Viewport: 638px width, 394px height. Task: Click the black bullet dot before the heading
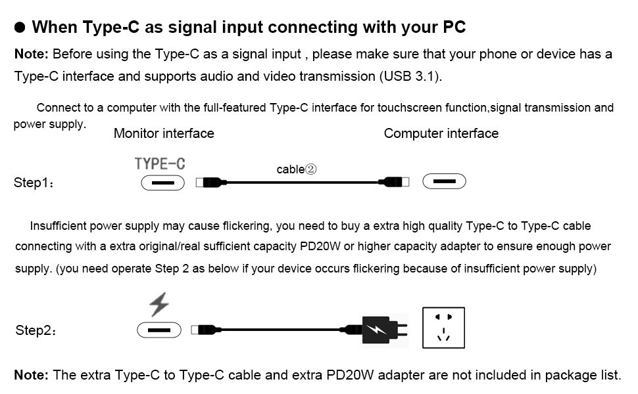(x=20, y=28)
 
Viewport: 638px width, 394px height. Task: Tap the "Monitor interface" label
(x=164, y=133)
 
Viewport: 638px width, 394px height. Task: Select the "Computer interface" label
(x=441, y=133)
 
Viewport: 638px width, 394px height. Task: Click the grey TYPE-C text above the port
(x=160, y=164)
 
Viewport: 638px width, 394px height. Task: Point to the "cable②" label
(x=297, y=169)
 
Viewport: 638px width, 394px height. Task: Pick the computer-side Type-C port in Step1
(x=444, y=181)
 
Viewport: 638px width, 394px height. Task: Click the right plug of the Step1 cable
(x=393, y=181)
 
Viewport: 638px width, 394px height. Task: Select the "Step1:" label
(x=34, y=183)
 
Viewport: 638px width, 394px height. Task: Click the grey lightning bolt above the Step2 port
(x=159, y=305)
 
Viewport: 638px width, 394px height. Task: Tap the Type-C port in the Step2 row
(x=159, y=330)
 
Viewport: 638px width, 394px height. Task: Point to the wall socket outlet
(x=443, y=327)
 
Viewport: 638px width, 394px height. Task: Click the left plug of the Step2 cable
(x=205, y=330)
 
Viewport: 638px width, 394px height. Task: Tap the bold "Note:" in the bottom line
(x=31, y=375)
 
